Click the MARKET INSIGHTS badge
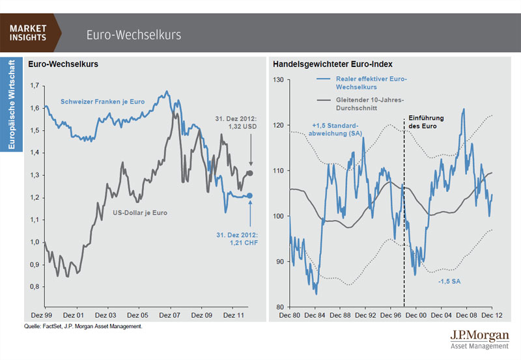[29, 33]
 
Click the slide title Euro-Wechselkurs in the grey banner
[134, 34]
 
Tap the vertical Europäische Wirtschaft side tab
[11, 104]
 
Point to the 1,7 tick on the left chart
[35, 85]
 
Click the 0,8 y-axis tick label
[35, 286]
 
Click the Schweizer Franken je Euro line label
[102, 102]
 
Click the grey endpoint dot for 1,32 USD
[250, 173]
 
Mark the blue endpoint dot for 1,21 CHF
[250, 195]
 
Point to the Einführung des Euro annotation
[427, 122]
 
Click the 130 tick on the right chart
[279, 80]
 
